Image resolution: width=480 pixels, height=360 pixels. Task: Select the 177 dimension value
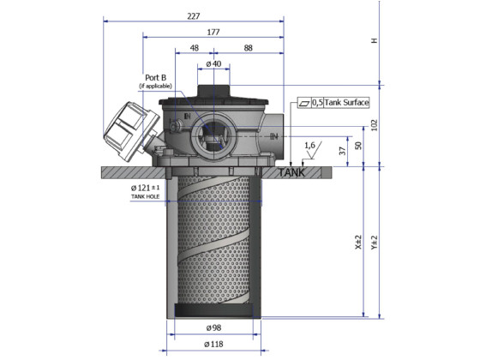[213, 32]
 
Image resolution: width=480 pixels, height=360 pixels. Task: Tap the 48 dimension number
[194, 49]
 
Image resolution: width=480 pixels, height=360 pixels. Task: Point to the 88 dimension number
[248, 49]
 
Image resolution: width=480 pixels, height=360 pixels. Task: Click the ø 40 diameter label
[213, 64]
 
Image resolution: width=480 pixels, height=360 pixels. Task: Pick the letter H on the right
[373, 41]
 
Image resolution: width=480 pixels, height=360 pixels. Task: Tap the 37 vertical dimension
[343, 152]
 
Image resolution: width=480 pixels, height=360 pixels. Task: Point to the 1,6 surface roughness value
[309, 146]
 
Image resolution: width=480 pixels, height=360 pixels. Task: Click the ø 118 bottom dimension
[213, 345]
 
